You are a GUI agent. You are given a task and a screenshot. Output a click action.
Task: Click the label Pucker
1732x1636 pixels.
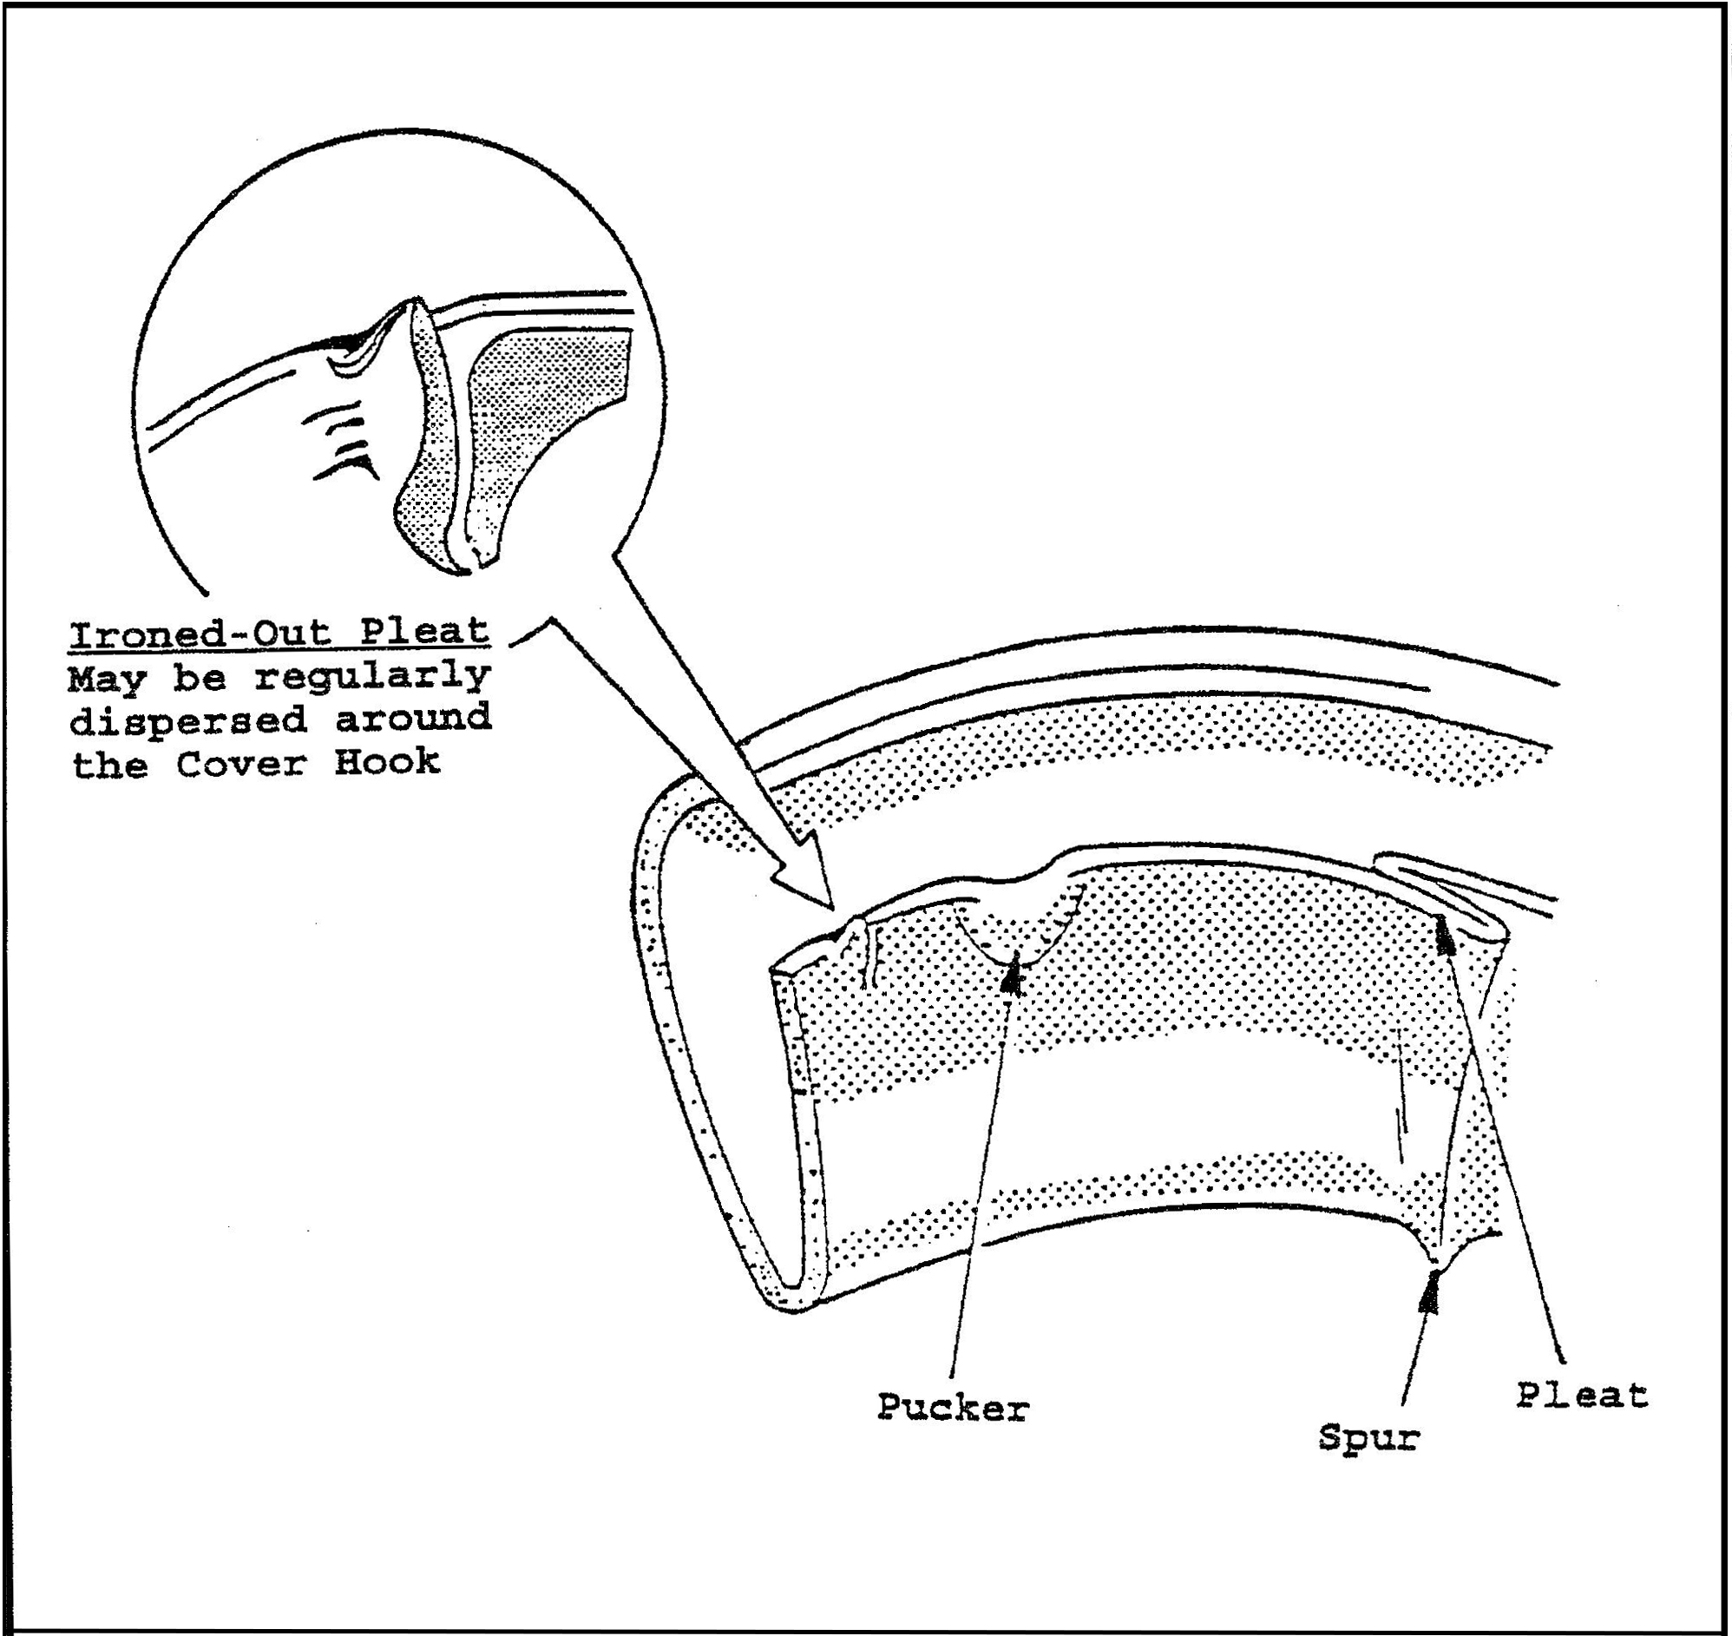pyautogui.click(x=954, y=1409)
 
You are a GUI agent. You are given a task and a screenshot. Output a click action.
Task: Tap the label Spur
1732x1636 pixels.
pyautogui.click(x=1368, y=1436)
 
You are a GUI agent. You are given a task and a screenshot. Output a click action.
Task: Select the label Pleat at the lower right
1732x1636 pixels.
pyautogui.click(x=1581, y=1396)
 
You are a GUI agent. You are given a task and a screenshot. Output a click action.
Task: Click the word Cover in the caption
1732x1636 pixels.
pyautogui.click(x=241, y=764)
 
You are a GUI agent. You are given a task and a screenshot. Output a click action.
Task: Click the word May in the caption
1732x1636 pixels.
pyautogui.click(x=108, y=678)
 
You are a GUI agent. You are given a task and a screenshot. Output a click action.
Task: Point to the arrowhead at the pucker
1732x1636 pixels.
pyautogui.click(x=1012, y=976)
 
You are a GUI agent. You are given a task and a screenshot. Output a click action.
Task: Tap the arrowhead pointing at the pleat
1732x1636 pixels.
pyautogui.click(x=1444, y=935)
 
